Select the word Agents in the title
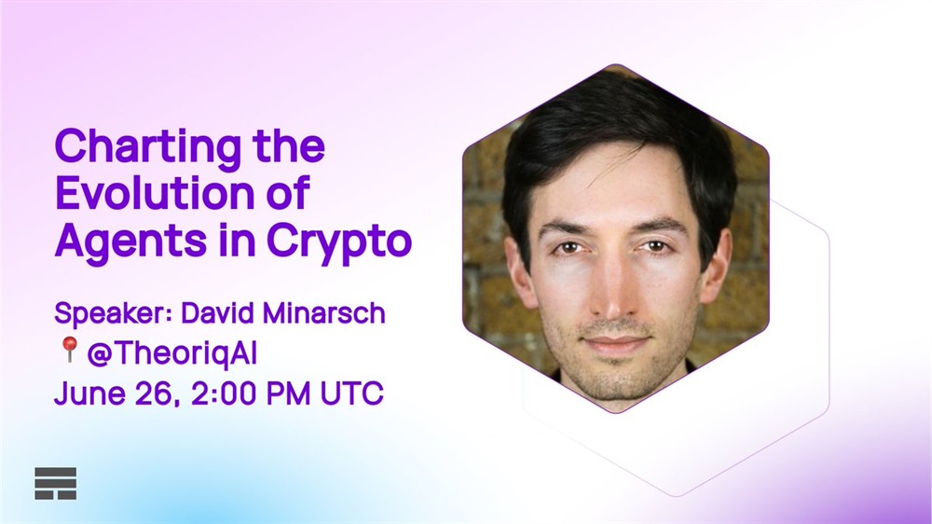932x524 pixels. click(x=130, y=241)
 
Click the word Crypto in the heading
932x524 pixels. click(x=339, y=241)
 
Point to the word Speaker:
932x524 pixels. click(x=113, y=313)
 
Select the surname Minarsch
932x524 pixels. click(x=324, y=312)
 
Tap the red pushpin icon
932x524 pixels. click(x=70, y=349)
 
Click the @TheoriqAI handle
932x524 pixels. click(x=171, y=353)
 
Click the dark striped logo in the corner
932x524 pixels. click(x=56, y=483)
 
